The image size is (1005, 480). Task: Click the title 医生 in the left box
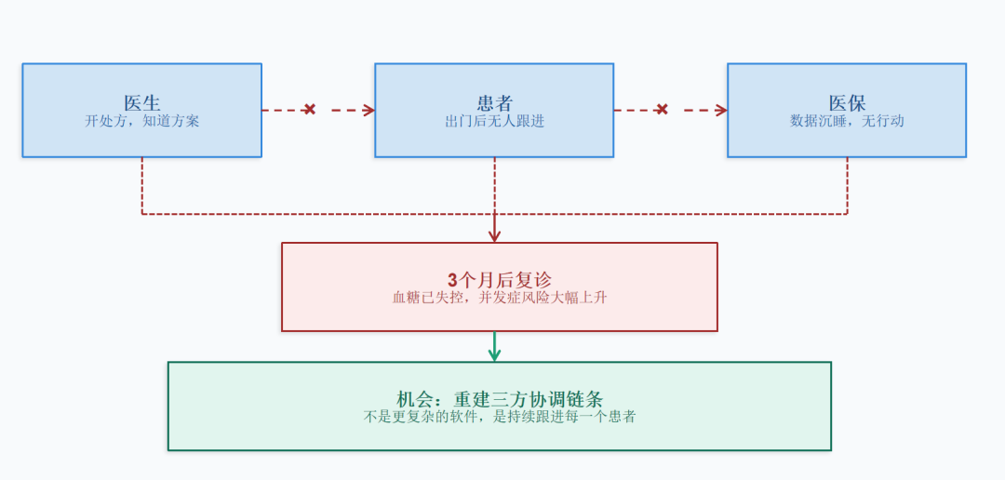(x=142, y=103)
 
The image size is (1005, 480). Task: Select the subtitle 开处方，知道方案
(x=142, y=121)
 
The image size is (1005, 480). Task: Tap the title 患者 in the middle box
(x=494, y=103)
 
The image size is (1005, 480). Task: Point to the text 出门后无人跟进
(x=494, y=121)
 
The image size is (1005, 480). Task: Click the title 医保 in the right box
(x=847, y=103)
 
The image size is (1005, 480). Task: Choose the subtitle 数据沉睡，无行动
(x=847, y=121)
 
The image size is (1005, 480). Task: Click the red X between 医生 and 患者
(x=310, y=110)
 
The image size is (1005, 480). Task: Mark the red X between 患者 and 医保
(x=662, y=110)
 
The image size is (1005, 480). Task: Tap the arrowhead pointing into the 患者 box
(x=368, y=110)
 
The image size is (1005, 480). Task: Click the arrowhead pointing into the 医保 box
(x=721, y=110)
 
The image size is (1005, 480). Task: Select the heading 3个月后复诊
(x=500, y=280)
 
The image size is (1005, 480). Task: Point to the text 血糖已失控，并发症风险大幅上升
(x=500, y=298)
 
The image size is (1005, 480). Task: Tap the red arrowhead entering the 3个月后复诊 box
(x=494, y=236)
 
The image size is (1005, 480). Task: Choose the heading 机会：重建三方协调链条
(x=500, y=399)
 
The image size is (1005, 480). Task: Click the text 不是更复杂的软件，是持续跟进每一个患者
(x=500, y=417)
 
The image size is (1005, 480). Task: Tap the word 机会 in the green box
(x=416, y=399)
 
